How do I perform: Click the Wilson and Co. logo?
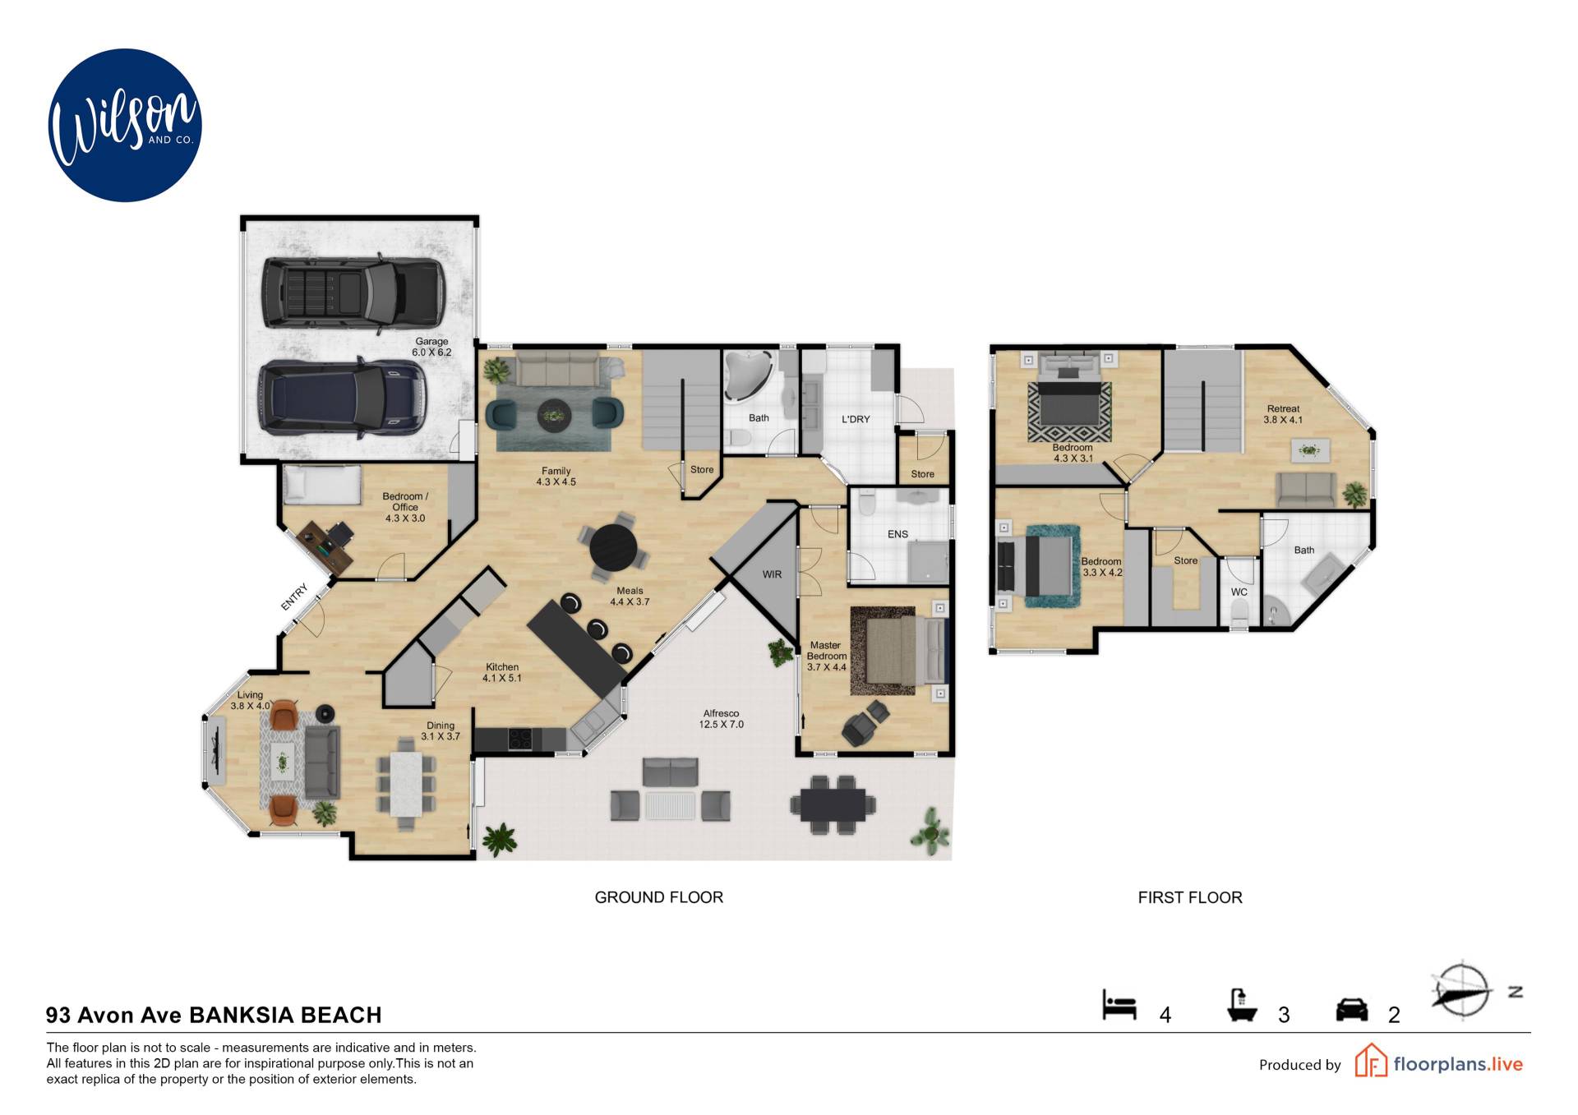125,125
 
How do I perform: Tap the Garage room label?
431,347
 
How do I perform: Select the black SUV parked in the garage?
353,293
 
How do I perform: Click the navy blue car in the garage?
343,398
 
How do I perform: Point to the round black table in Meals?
613,547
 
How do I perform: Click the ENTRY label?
293,597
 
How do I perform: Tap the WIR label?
772,574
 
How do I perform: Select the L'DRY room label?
856,419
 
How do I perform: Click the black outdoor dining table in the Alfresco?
833,804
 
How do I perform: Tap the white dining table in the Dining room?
406,784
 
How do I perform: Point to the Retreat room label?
1283,414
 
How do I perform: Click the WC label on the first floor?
1239,592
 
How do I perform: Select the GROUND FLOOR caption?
659,897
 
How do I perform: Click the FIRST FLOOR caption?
1190,897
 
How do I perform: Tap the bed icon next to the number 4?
1119,1005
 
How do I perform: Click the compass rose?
1462,990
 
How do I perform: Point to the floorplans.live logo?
1438,1061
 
